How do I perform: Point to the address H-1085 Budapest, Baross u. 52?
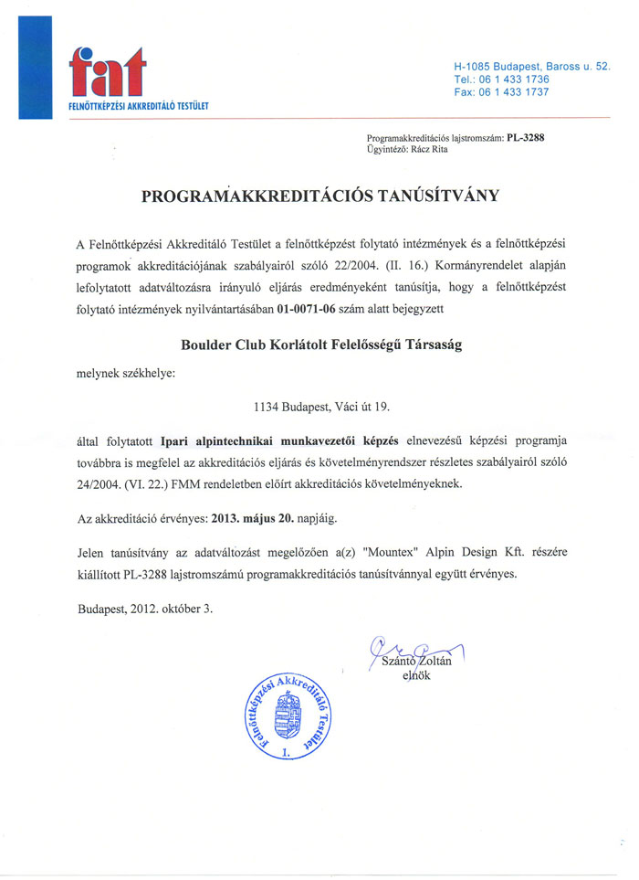531,68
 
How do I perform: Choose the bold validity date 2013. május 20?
252,518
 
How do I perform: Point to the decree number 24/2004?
105,485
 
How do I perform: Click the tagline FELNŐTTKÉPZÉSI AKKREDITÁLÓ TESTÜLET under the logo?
139,107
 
